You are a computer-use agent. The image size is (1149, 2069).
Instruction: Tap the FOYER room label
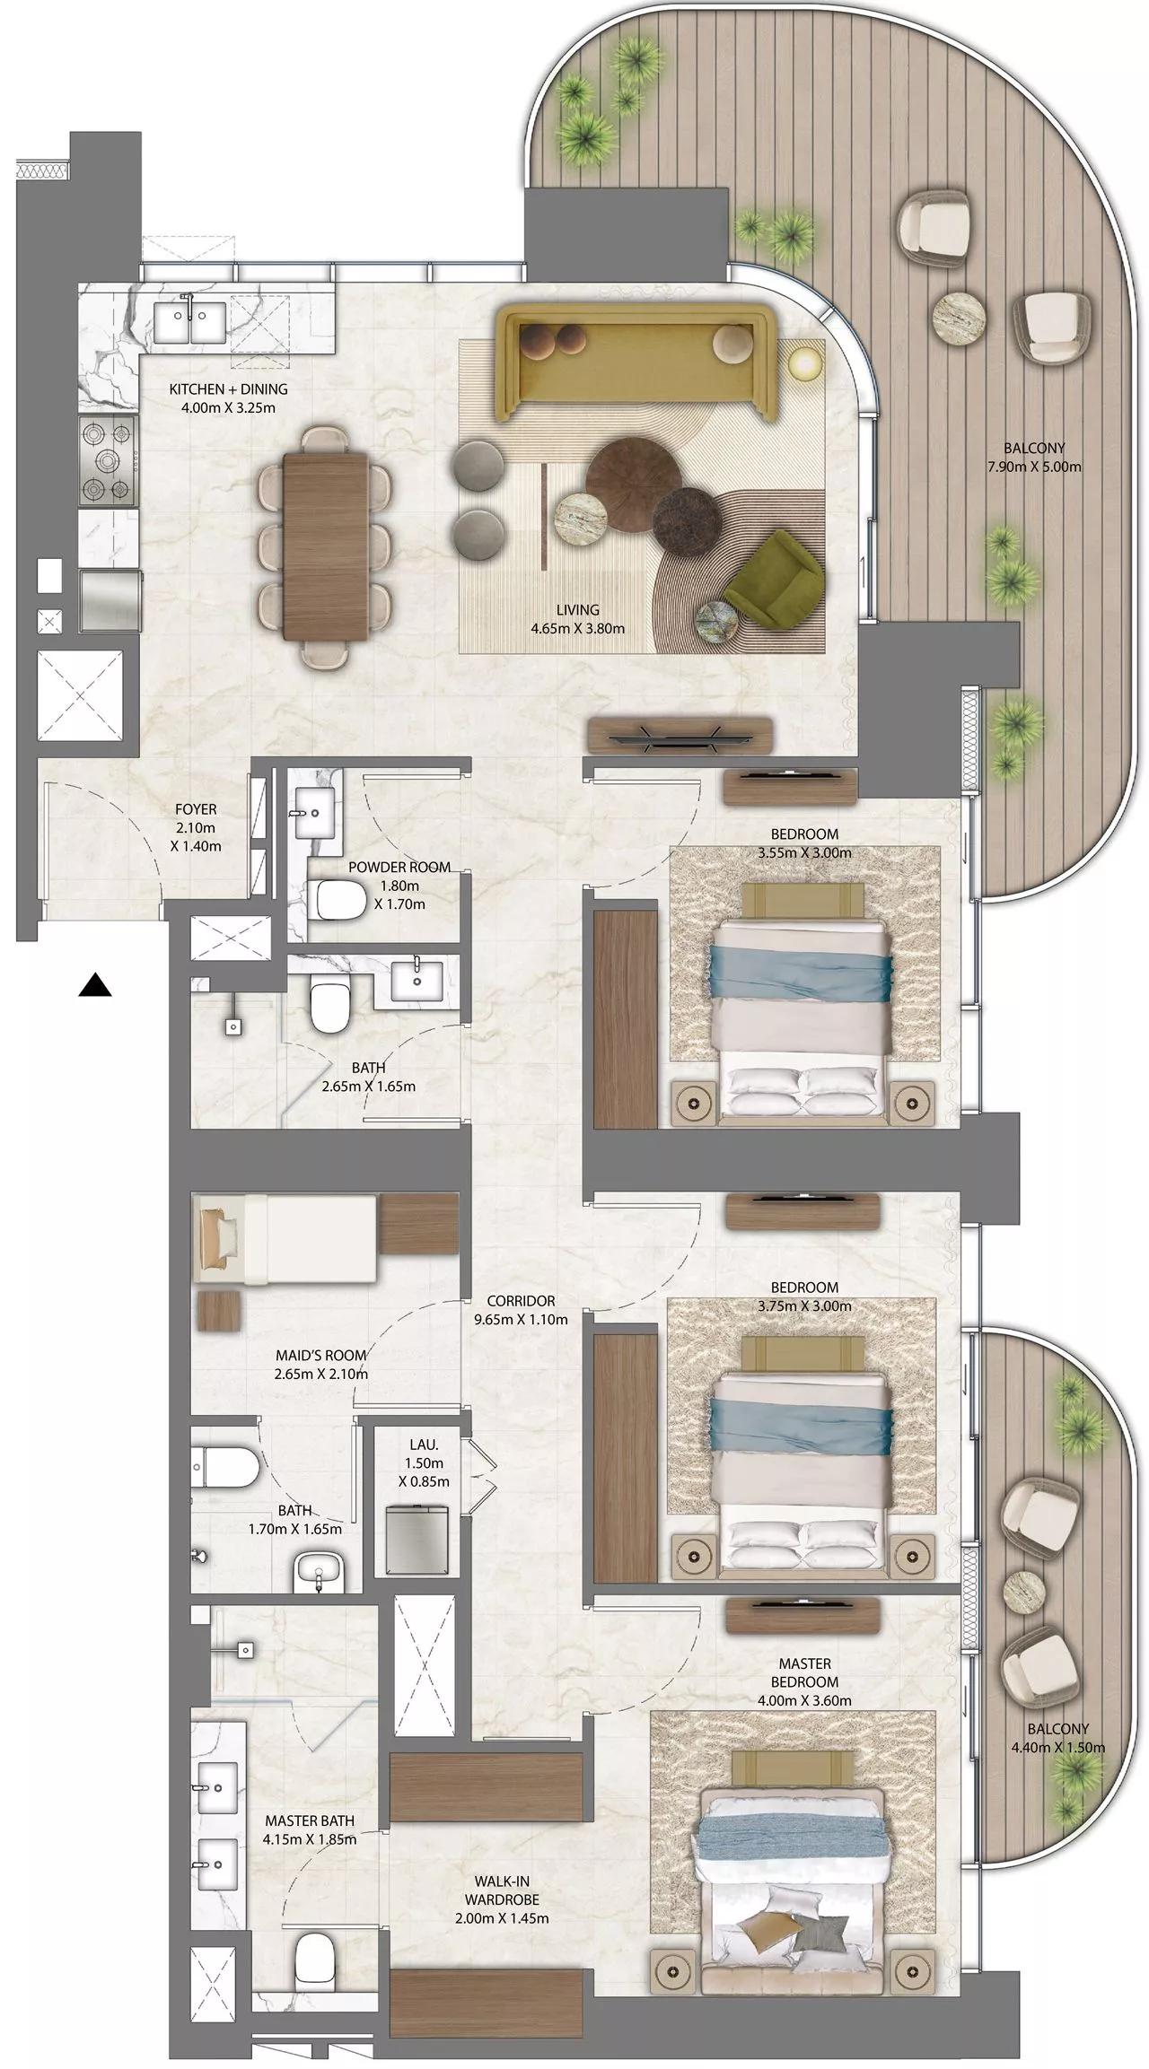[196, 809]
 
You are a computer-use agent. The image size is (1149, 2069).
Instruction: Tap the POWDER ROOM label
[399, 868]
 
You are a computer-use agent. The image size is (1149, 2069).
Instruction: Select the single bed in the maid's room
[287, 1239]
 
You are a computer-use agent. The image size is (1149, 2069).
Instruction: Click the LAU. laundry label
[424, 1445]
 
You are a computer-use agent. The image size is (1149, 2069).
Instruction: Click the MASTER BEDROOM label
[805, 1673]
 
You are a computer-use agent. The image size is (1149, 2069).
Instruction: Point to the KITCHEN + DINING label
[228, 389]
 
